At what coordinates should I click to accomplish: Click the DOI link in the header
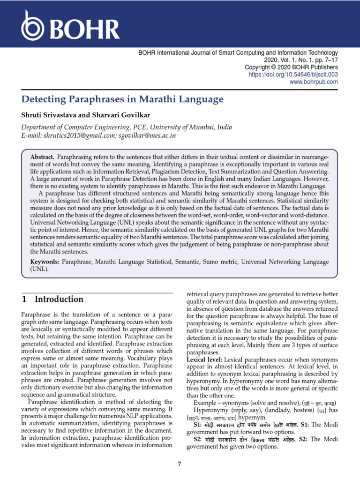[x=293, y=75]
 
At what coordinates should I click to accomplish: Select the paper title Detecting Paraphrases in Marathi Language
[x=123, y=99]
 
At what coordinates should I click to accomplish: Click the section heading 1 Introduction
[x=53, y=299]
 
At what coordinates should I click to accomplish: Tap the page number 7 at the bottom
[x=180, y=464]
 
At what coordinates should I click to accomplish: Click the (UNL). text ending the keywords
[x=39, y=269]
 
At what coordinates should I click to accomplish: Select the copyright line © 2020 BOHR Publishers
[x=298, y=67]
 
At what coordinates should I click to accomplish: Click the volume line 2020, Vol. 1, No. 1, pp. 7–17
[x=301, y=60]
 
